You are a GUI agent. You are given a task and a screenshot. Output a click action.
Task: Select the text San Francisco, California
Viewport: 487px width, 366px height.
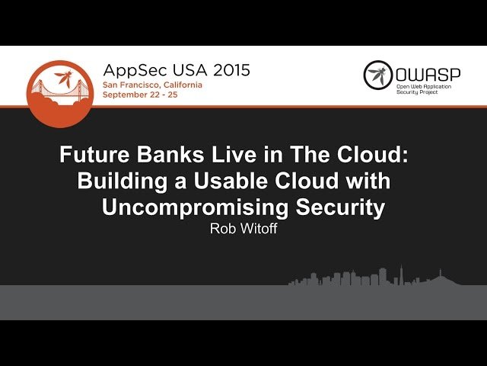(152, 85)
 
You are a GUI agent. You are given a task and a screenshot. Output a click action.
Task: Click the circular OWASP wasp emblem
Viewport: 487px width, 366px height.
(377, 75)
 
